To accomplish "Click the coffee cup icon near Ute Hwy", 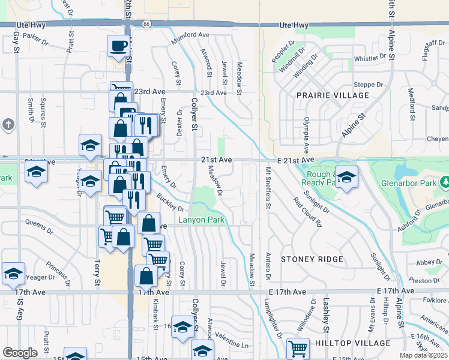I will coord(119,45).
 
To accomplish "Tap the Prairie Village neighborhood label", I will coord(333,95).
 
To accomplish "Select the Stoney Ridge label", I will coord(312,259).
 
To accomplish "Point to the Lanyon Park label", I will coord(202,220).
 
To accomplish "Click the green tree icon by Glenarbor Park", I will coord(445,182).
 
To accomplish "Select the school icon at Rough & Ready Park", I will coord(346,177).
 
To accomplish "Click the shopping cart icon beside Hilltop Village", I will coord(298,347).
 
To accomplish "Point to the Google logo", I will coord(19,353).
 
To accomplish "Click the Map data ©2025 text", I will coord(424,355).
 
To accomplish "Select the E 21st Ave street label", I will coord(296,160).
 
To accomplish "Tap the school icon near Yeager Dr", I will coord(13,273).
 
